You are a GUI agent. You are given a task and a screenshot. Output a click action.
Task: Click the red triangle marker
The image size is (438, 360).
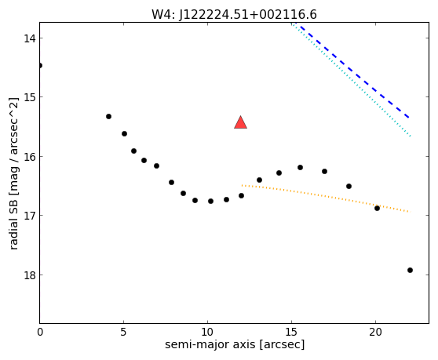[240, 123]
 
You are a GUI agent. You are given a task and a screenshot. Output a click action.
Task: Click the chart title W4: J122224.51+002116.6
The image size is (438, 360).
[234, 14]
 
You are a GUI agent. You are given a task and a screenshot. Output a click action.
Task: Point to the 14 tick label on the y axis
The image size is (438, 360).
[30, 38]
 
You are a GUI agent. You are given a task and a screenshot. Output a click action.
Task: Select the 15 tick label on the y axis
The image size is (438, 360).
[30, 97]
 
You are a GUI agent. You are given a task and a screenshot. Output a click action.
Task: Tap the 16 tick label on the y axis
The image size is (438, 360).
[30, 157]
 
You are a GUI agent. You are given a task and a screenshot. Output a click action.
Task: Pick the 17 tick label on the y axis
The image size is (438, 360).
[30, 216]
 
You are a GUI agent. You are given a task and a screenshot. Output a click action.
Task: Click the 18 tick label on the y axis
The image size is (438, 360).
[30, 275]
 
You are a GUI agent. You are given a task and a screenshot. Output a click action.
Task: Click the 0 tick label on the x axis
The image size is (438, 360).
[40, 332]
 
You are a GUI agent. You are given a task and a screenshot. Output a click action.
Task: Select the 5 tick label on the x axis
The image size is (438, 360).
[123, 332]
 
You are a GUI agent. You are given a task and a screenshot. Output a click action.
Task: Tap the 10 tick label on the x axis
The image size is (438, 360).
[207, 332]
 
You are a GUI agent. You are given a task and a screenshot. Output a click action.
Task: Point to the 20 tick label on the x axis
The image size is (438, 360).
[375, 332]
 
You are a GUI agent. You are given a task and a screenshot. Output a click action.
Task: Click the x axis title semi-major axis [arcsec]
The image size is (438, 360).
[235, 344]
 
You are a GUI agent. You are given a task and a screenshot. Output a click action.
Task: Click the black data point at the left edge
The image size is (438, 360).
[40, 66]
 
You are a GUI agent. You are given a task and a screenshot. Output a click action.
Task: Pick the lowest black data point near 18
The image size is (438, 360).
[410, 270]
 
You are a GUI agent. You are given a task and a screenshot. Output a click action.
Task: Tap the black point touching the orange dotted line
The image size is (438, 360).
[377, 208]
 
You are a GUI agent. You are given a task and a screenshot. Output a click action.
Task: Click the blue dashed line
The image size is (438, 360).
[355, 72]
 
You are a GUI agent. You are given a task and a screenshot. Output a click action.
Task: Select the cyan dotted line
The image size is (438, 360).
[351, 79]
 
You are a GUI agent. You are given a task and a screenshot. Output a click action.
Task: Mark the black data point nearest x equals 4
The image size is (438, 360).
[108, 116]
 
